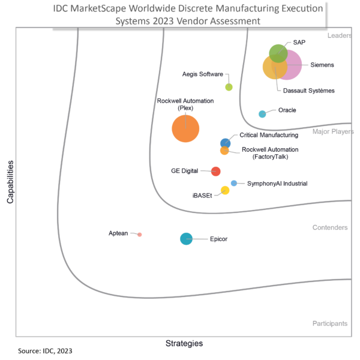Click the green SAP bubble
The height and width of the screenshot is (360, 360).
point(277,53)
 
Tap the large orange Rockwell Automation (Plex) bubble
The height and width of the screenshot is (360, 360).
point(185,128)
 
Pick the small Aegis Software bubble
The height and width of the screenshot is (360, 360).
point(229,87)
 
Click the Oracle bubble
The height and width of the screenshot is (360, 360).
point(262,114)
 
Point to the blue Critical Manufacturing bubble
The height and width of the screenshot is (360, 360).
point(226,143)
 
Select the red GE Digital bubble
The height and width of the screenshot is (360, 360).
point(215,171)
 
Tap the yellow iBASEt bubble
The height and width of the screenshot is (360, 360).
point(225,190)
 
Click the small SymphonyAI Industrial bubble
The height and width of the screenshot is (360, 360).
point(234,183)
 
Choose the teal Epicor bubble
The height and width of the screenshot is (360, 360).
point(187,239)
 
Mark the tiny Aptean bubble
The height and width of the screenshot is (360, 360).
point(140,235)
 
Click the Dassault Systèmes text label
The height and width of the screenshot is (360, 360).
point(309,91)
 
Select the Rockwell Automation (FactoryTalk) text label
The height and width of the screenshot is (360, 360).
point(269,153)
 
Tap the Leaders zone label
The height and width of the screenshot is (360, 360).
point(339,36)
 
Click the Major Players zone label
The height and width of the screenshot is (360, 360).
point(333,131)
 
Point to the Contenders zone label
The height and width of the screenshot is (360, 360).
point(330,228)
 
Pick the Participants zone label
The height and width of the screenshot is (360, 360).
point(330,323)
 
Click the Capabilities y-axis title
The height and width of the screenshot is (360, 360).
point(10,181)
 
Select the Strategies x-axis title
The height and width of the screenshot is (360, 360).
point(184,344)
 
